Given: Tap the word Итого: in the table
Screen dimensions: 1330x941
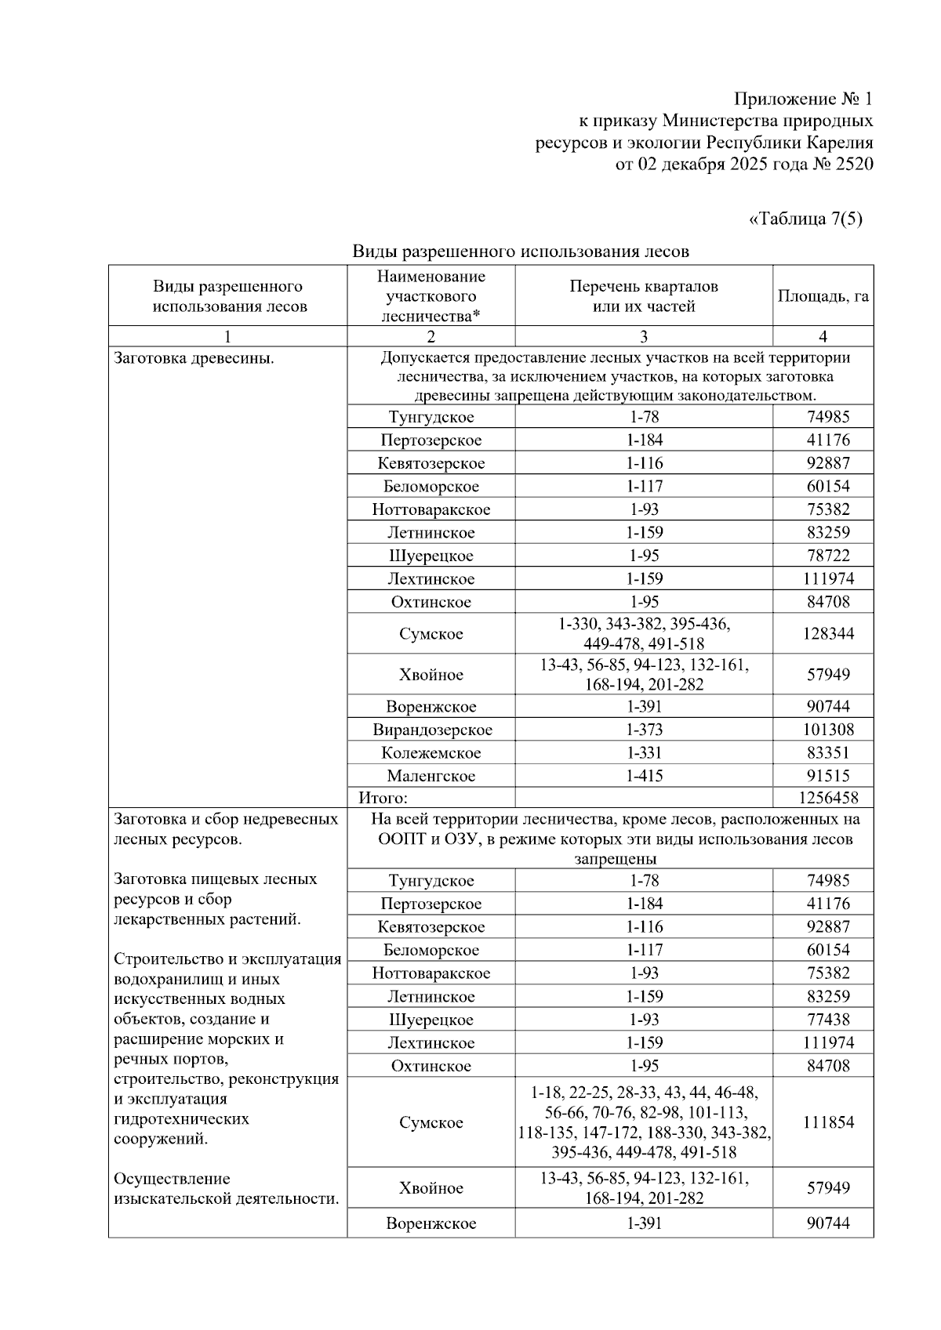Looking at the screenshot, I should (383, 798).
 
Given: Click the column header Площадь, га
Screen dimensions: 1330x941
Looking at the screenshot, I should (823, 296).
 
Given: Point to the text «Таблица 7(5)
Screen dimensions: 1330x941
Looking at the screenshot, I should (806, 219).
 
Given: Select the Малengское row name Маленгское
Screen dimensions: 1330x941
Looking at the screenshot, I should (431, 776).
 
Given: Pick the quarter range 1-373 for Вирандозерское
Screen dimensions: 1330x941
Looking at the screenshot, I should (644, 730).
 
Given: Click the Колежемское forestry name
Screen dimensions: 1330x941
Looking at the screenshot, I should (431, 753).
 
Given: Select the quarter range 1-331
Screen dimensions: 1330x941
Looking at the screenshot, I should (644, 753).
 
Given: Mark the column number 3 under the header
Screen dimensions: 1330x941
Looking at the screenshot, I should (644, 336).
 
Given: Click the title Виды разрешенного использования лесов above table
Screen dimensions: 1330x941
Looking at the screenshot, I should (521, 252).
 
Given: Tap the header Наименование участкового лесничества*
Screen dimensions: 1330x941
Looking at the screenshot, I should (431, 296).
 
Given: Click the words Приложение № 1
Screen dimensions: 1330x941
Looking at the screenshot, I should (803, 99).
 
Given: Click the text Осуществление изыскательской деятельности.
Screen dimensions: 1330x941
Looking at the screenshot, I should (226, 1188).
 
